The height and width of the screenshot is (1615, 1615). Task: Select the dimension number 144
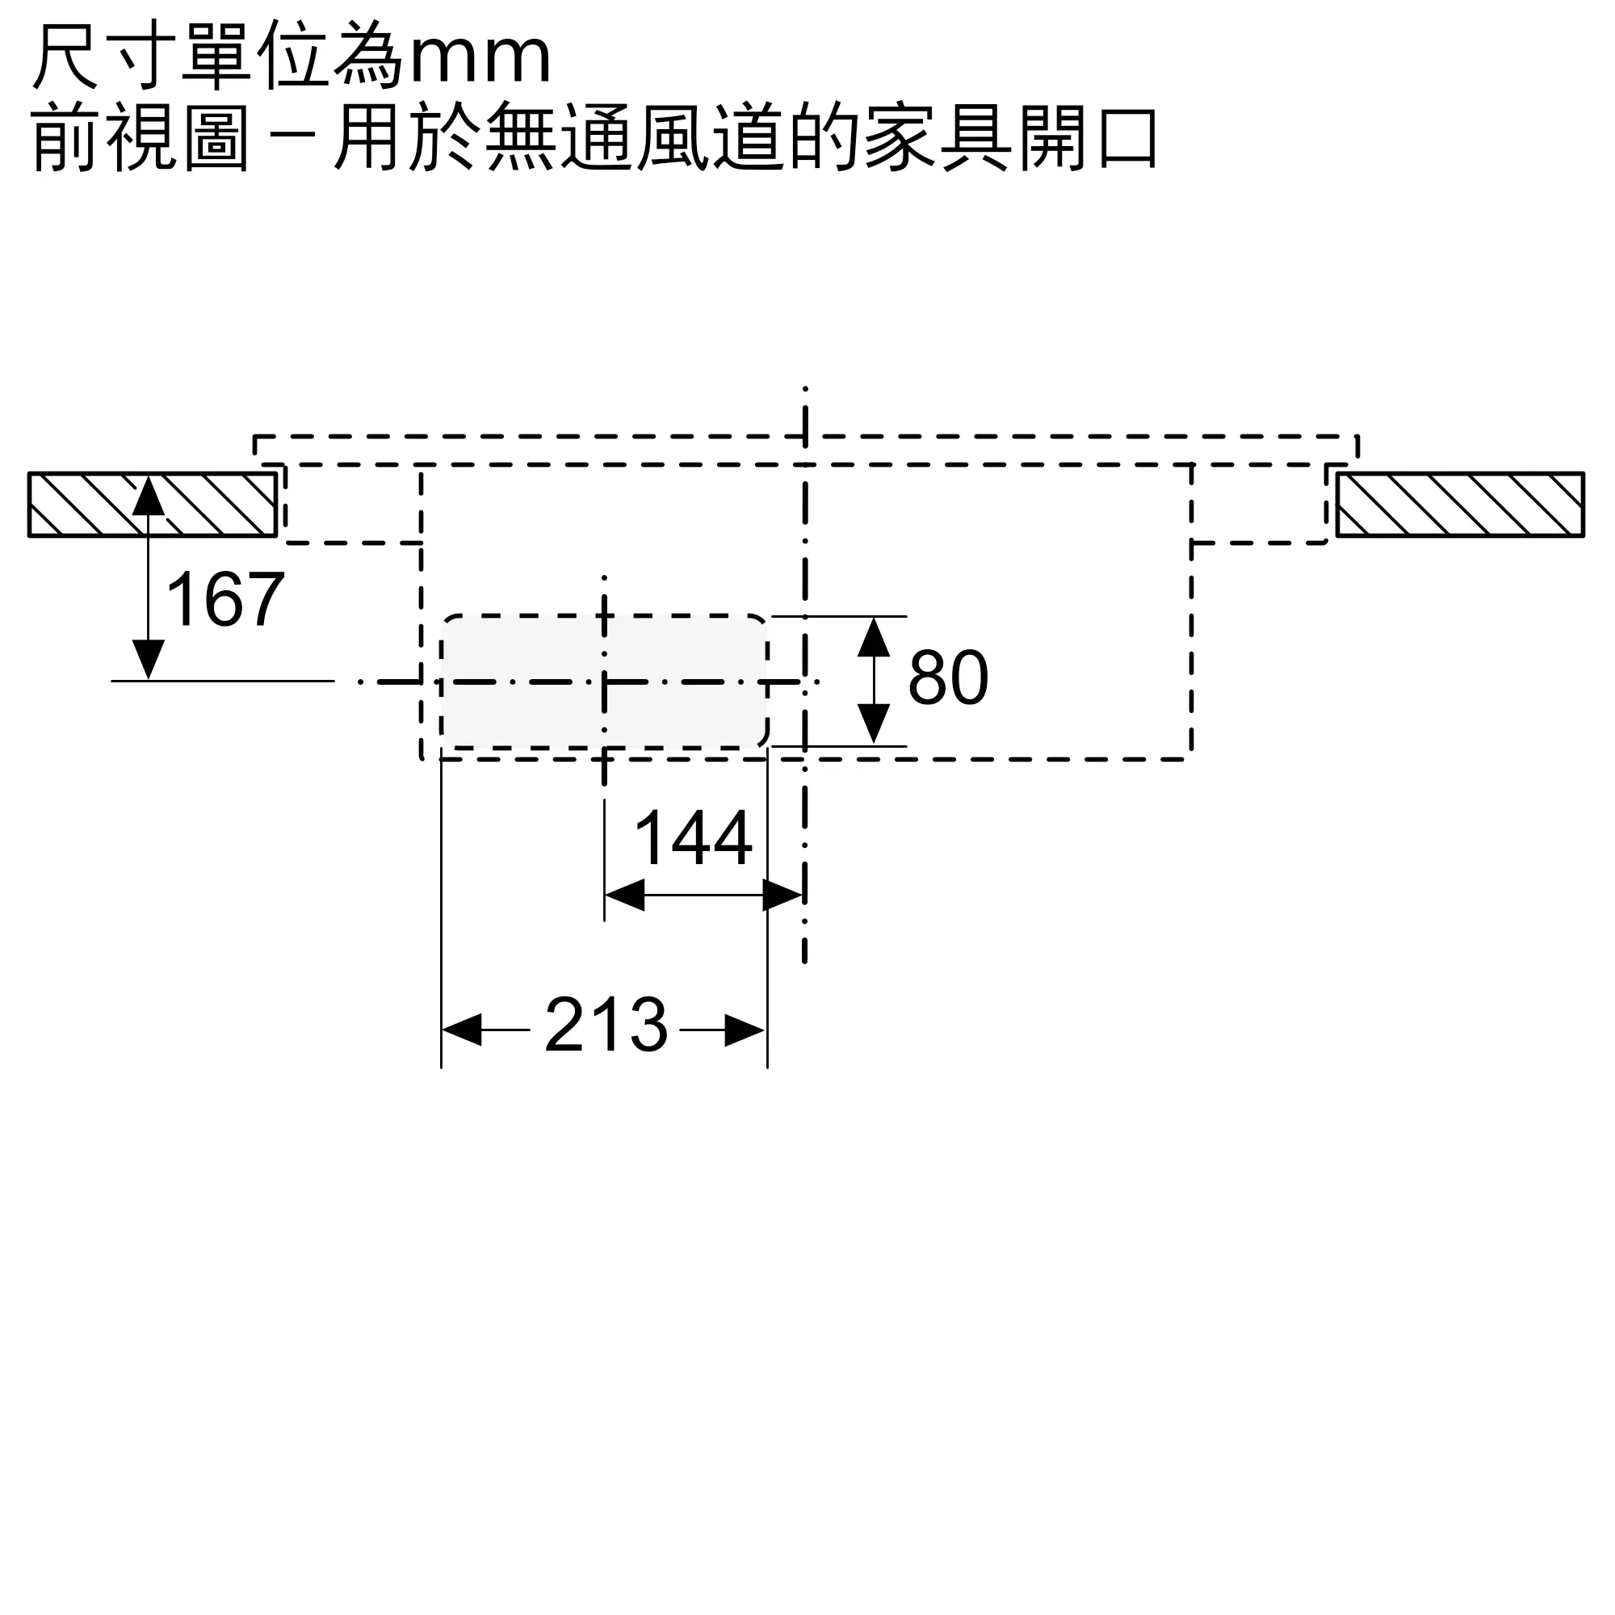(x=694, y=837)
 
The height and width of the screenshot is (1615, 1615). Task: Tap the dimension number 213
(x=606, y=1024)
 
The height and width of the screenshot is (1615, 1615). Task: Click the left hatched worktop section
(x=152, y=504)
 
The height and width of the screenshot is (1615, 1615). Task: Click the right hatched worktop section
(x=1460, y=504)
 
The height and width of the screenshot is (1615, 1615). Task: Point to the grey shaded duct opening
(x=603, y=682)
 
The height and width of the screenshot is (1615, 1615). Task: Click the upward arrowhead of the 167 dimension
(x=149, y=495)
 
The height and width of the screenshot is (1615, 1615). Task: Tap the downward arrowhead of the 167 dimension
(x=149, y=661)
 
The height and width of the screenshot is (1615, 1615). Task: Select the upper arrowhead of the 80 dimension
(x=874, y=637)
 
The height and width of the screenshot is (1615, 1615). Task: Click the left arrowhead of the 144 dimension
(x=624, y=896)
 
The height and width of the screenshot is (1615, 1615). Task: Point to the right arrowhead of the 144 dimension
(x=783, y=896)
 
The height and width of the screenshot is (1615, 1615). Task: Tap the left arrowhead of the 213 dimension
(x=461, y=1030)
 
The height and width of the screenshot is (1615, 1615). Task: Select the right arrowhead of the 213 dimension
(x=745, y=1030)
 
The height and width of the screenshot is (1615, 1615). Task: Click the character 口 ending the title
(x=1127, y=137)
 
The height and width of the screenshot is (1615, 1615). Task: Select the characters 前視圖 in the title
(x=141, y=137)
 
